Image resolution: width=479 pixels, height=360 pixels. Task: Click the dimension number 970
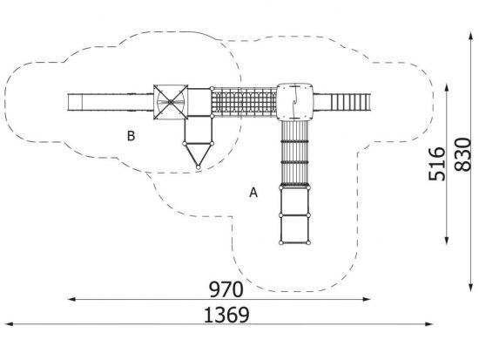[226, 289]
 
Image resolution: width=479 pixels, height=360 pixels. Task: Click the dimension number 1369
[226, 315]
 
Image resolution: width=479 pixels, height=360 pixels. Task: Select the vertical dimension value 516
[437, 164]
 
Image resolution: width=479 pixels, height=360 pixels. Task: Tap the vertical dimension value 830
[462, 154]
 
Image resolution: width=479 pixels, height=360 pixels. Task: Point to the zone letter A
[253, 193]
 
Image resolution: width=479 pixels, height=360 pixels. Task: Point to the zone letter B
[131, 136]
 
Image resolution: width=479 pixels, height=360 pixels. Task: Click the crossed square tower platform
[171, 102]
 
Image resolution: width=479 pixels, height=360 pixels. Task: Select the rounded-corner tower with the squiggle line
[294, 101]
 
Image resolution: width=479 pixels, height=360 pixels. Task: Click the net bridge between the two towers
[245, 102]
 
